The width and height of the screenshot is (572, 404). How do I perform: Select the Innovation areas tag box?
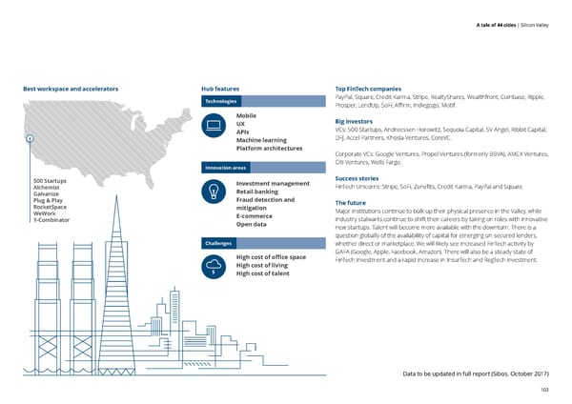226,169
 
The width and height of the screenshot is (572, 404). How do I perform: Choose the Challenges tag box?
220,243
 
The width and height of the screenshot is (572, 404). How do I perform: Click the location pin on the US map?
31,138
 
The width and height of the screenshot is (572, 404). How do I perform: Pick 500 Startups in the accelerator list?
50,181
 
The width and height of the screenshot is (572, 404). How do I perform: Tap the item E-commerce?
254,215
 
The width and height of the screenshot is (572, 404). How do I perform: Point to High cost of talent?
262,274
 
